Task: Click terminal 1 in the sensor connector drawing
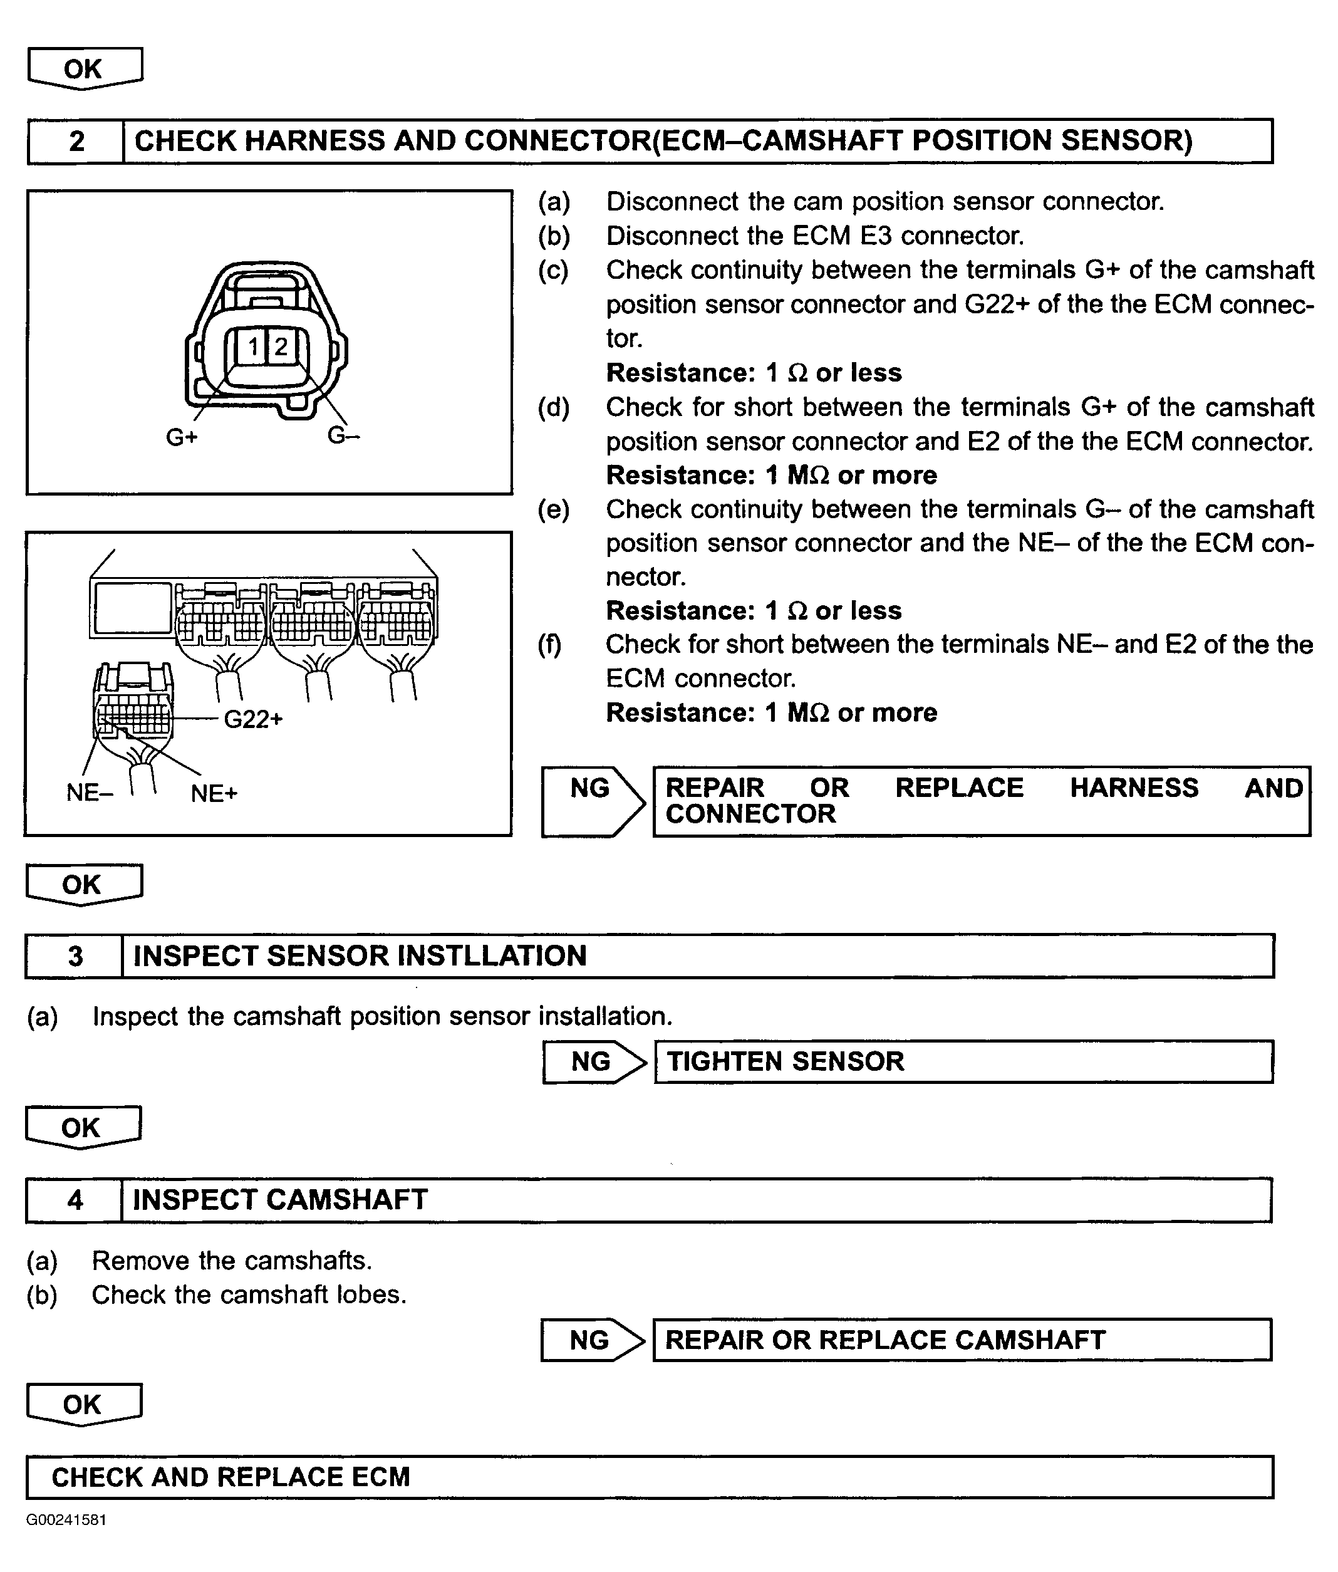coord(253,348)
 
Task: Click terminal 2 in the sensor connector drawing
coord(281,348)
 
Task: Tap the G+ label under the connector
coord(182,438)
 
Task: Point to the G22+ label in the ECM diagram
coord(253,719)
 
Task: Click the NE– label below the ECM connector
coord(90,793)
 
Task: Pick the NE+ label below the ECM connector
coord(214,794)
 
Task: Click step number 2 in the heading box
coord(76,141)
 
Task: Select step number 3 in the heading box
coord(75,956)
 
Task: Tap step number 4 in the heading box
coord(75,1200)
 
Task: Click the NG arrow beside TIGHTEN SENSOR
coord(593,1061)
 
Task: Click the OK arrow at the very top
coord(83,69)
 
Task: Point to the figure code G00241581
coord(66,1519)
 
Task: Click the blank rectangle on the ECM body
coord(133,608)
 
